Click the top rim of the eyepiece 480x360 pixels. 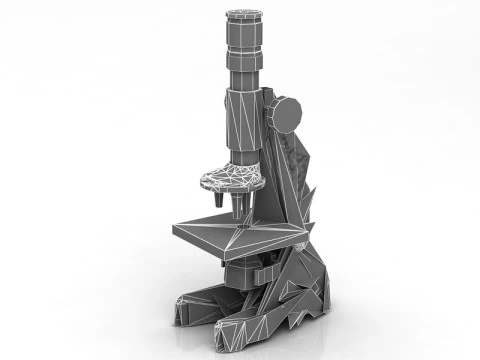click(x=242, y=13)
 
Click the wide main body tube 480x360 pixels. click(x=241, y=125)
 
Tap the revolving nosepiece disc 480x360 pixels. click(x=231, y=178)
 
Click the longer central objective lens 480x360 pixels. click(x=241, y=204)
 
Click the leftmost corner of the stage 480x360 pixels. click(x=174, y=231)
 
